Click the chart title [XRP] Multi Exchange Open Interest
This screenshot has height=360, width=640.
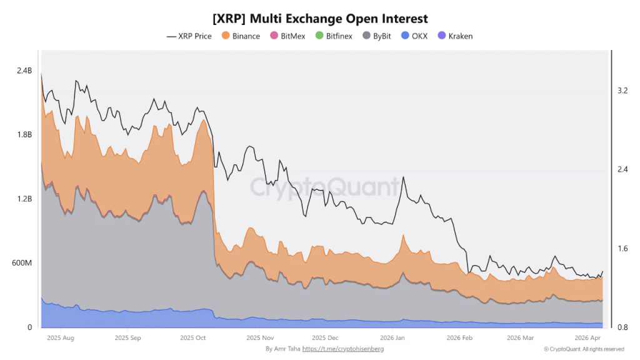[320, 19]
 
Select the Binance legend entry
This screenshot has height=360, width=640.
[241, 36]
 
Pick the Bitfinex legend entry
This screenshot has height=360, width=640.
[334, 36]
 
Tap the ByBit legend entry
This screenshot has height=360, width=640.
[377, 36]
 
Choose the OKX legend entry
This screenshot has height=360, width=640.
[414, 36]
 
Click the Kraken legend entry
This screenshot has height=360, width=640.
[456, 36]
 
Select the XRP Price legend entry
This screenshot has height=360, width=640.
[189, 36]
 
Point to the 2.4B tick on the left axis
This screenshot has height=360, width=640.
[24, 71]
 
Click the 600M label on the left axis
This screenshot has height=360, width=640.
[22, 263]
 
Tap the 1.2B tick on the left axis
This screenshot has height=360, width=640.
[24, 199]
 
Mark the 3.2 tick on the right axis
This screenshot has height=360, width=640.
[622, 91]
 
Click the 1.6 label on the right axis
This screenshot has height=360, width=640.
[622, 249]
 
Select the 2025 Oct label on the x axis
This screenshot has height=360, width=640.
[192, 337]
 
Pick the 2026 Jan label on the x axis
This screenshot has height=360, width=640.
[392, 337]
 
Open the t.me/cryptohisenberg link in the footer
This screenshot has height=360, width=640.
[343, 349]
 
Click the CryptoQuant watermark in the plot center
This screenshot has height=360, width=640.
[324, 186]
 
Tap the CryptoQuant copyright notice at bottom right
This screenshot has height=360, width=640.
[584, 349]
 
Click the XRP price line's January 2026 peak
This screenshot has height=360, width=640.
[403, 177]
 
